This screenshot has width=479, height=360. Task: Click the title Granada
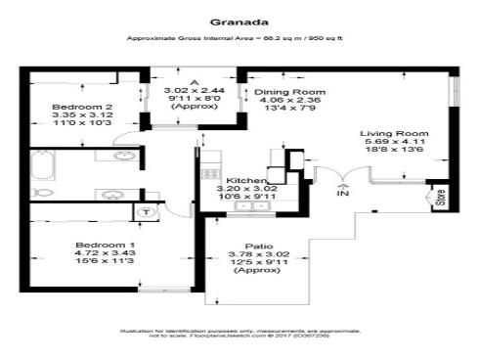(x=239, y=17)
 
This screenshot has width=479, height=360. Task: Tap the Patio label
(x=259, y=246)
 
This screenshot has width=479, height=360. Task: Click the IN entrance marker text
(x=342, y=194)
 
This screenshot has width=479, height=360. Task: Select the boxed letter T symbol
(x=147, y=211)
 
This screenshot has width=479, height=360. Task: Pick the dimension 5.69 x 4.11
(x=395, y=143)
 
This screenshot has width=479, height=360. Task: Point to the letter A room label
(x=195, y=81)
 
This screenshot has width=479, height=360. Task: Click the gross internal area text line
(x=239, y=38)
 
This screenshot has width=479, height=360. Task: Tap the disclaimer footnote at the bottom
(x=239, y=335)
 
